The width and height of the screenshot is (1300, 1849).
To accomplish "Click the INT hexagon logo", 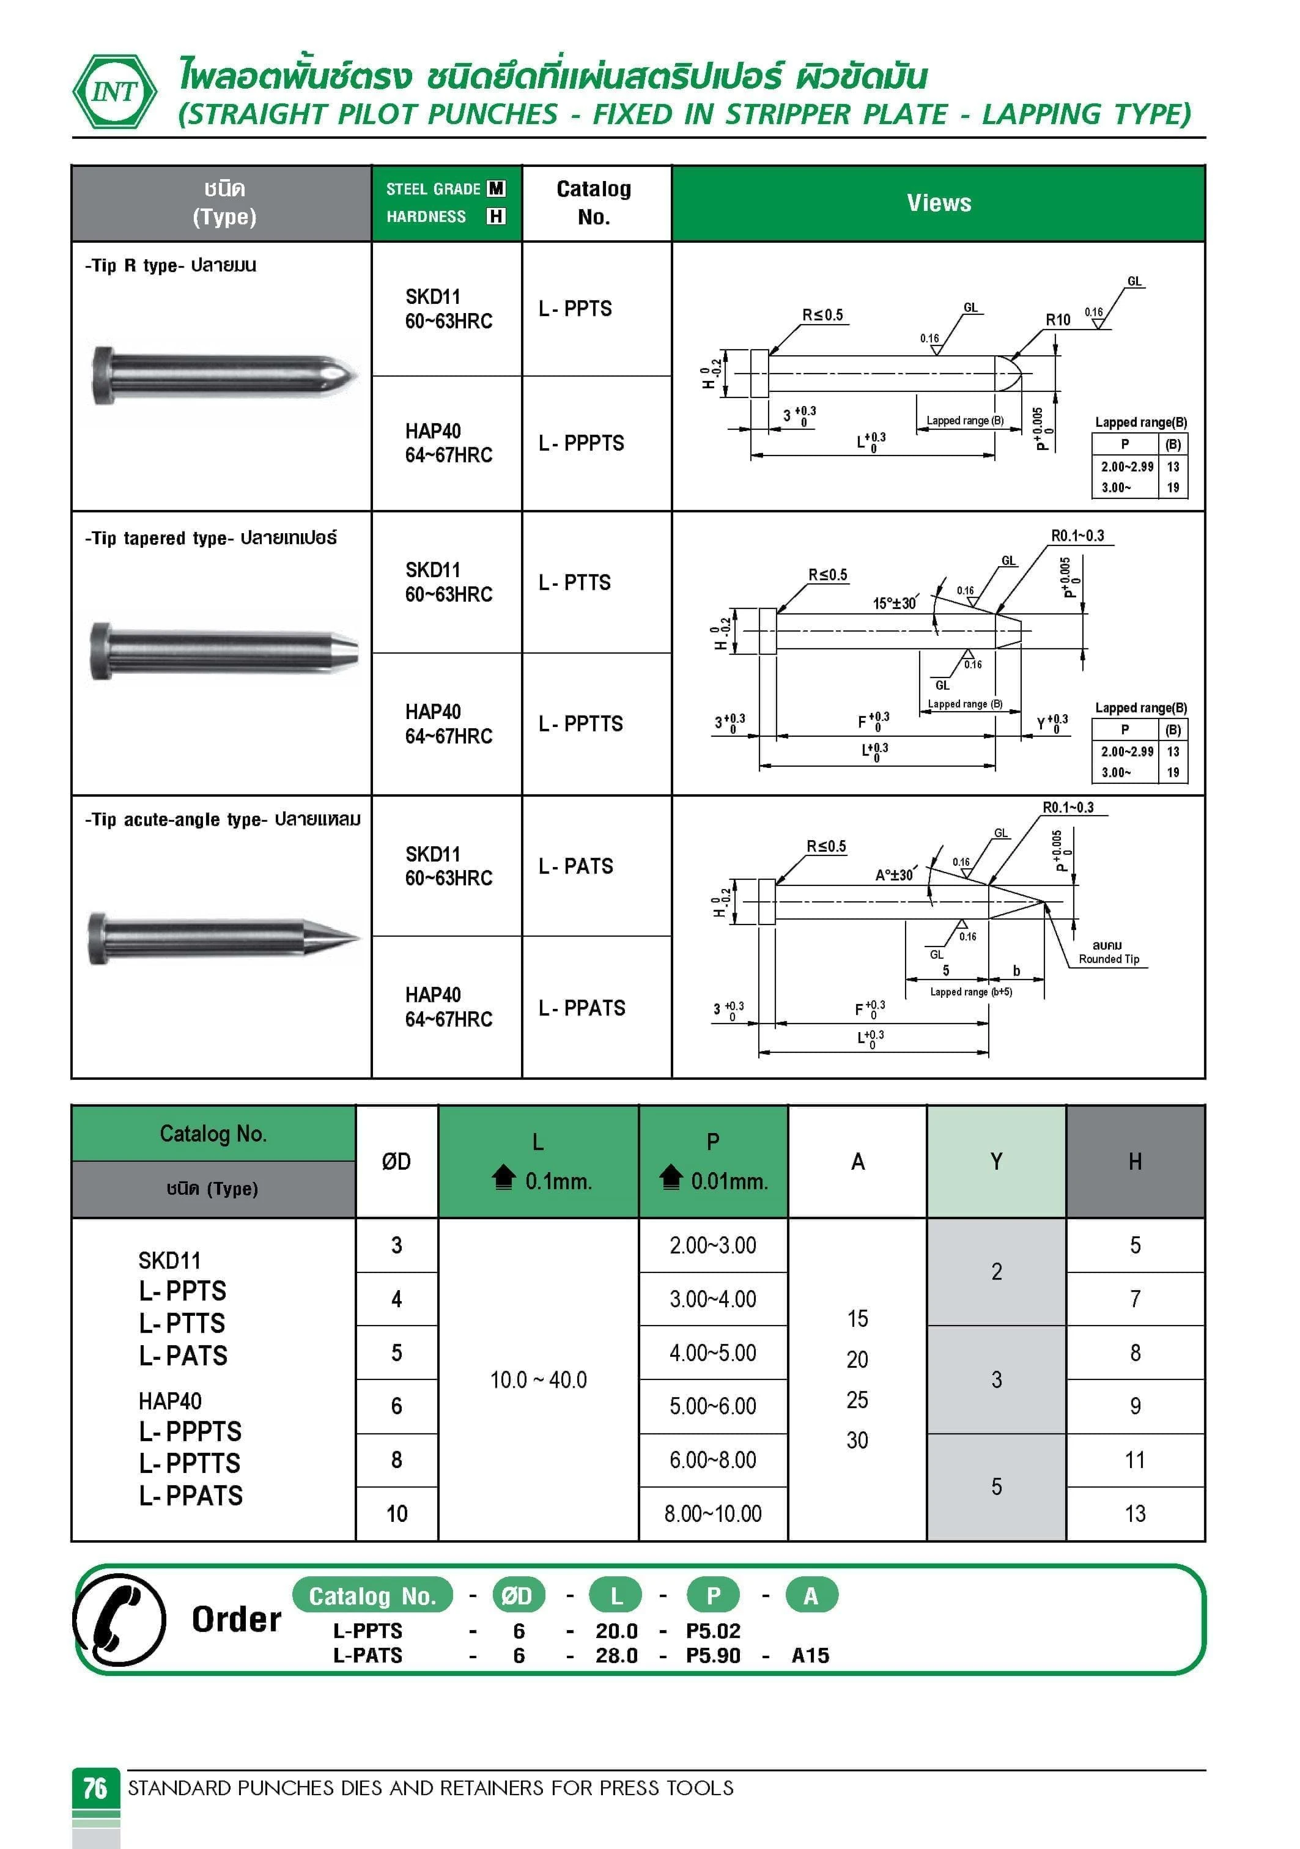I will point(114,92).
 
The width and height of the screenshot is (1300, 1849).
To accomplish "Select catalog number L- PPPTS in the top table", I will point(581,443).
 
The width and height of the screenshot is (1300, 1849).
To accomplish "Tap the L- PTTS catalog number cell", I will point(574,582).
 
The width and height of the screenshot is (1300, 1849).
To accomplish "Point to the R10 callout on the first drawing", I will point(1058,320).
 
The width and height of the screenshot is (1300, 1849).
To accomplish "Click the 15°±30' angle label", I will point(894,603).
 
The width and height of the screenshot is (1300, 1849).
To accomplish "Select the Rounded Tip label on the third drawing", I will point(1109,959).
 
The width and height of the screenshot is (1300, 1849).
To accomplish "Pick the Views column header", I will point(939,203).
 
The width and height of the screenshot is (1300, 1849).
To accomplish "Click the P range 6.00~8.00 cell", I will point(713,1460).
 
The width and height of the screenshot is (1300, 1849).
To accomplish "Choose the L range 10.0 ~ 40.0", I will point(538,1379).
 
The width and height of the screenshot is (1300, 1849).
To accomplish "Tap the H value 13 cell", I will point(1135,1514).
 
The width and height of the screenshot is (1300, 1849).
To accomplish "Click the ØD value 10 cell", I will point(396,1514).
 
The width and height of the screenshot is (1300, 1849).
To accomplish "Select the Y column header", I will point(996,1161).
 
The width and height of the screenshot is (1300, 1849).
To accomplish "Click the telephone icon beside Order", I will point(119,1620).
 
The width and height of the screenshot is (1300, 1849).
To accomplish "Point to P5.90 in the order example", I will point(713,1656).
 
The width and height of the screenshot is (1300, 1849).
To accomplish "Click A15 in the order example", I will point(810,1656).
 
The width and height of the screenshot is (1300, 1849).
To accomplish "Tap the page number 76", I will point(95,1788).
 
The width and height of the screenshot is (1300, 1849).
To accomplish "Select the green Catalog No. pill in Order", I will point(372,1596).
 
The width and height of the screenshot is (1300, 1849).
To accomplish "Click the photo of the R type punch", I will point(223,375).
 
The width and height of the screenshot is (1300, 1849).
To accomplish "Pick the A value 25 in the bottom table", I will point(857,1400).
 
